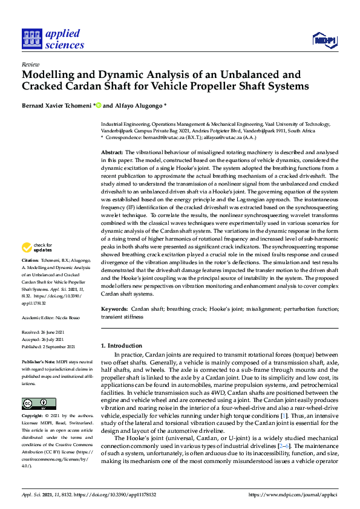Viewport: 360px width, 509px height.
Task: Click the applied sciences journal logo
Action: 53,39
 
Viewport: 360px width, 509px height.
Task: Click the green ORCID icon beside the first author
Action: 98,105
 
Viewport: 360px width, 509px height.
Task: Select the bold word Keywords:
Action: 114,308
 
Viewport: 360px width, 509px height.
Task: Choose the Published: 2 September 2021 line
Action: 48,346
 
